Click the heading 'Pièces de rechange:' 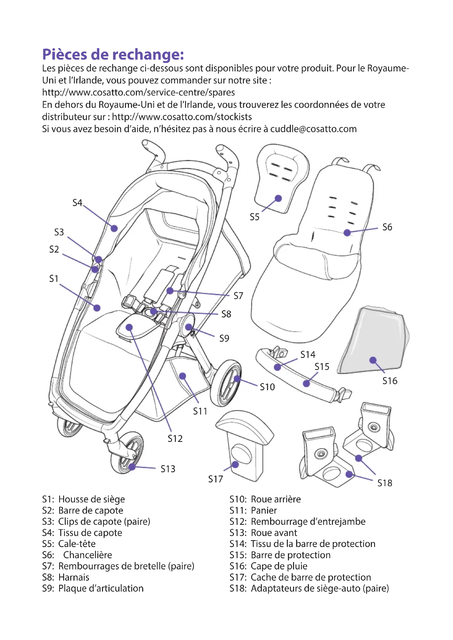(x=113, y=54)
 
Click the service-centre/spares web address (x=138, y=92)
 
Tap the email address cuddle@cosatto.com (x=313, y=129)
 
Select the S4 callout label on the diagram (x=77, y=203)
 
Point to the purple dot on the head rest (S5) (x=278, y=198)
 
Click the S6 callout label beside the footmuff (x=387, y=227)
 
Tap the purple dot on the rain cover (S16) (x=373, y=360)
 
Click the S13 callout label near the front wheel (x=168, y=469)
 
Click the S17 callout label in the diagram (x=215, y=479)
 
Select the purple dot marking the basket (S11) (x=182, y=376)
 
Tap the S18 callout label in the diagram (x=384, y=483)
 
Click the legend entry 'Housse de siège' (x=91, y=499)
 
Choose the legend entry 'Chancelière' (x=88, y=555)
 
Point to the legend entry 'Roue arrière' (x=276, y=499)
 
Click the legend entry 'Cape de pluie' (x=279, y=566)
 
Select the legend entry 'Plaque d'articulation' (x=101, y=588)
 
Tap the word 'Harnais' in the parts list (x=74, y=577)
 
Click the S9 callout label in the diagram (x=224, y=338)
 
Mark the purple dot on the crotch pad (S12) (x=129, y=327)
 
